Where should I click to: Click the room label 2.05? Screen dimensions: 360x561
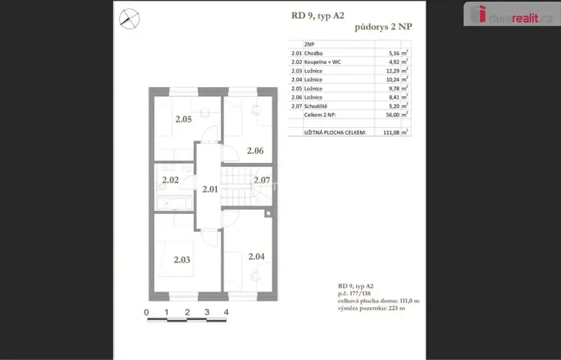[182, 119]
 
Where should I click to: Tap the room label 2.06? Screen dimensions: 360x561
[255, 151]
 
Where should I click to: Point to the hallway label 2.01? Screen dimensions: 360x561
[210, 188]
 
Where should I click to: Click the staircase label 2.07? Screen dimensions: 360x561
[262, 181]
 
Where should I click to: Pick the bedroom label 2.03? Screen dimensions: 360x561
[182, 260]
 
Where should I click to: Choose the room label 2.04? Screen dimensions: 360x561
[256, 256]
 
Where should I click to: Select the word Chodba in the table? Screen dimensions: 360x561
[313, 54]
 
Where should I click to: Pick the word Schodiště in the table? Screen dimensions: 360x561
[317, 105]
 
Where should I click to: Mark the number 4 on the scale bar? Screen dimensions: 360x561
[226, 313]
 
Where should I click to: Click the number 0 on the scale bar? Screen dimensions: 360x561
[146, 313]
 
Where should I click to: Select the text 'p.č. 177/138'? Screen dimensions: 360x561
[356, 293]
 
